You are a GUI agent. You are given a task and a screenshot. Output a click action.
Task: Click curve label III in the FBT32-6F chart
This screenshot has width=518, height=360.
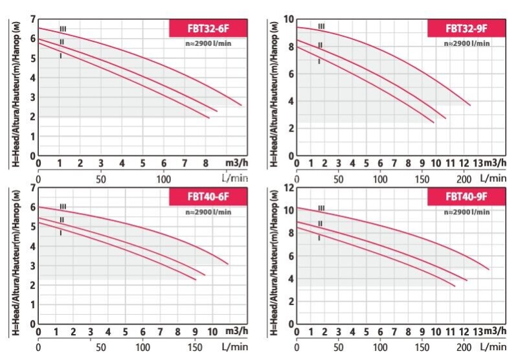63,28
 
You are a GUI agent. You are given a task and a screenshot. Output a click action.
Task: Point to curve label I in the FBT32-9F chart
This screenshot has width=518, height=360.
319,62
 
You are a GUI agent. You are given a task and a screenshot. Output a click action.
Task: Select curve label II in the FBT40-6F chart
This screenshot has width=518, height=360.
62,219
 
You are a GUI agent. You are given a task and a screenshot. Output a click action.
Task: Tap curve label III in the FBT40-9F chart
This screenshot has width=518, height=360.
321,208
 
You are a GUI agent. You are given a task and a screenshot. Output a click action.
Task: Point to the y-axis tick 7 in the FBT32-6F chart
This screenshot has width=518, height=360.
32,20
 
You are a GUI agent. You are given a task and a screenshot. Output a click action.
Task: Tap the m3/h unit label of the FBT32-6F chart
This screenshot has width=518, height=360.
235,162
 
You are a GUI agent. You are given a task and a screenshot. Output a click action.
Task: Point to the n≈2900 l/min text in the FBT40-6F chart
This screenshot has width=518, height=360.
205,212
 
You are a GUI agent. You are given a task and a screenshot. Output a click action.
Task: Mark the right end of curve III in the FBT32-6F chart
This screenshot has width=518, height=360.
242,105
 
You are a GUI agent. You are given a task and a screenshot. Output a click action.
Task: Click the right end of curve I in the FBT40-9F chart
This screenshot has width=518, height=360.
455,286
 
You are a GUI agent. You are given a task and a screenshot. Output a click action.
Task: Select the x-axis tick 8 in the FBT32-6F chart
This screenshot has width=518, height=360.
205,162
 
